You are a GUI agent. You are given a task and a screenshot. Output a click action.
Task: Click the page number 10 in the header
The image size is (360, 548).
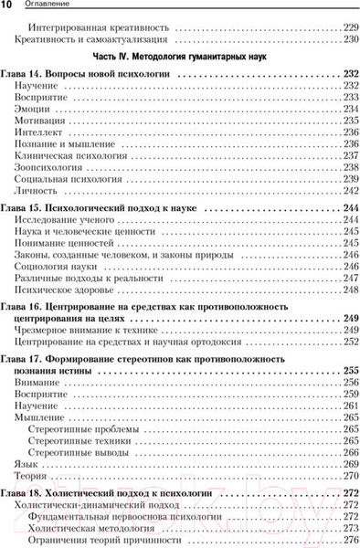[8, 6]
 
